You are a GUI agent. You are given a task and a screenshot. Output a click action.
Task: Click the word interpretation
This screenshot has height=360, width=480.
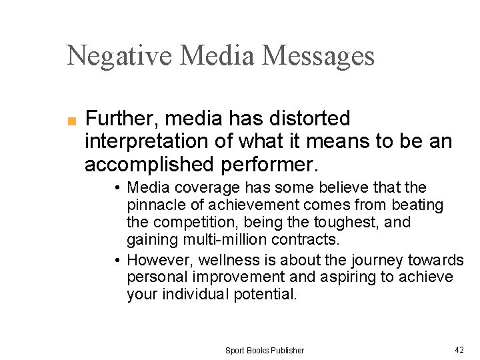coord(151,142)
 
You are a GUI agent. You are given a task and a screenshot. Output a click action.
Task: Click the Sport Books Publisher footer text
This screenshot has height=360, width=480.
coord(265,350)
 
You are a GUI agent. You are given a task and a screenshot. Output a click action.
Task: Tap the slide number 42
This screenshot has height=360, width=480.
coord(459,349)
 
